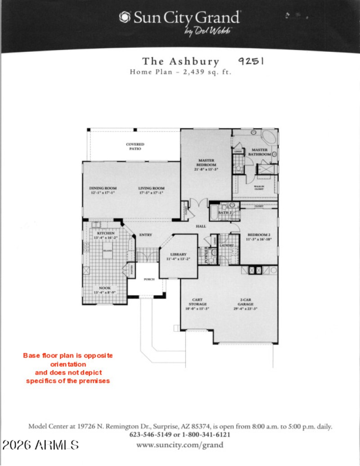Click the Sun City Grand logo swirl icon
[x=124, y=18]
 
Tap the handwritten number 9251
[x=251, y=61]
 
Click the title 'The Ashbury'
[x=180, y=62]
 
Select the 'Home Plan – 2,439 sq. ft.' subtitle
[x=180, y=72]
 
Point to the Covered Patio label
[x=135, y=146]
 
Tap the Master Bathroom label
[x=260, y=152]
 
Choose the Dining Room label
[x=103, y=190]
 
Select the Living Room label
[x=151, y=190]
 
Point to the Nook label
[x=105, y=290]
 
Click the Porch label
[x=149, y=279]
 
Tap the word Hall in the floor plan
[x=201, y=226]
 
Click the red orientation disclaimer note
[x=68, y=368]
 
